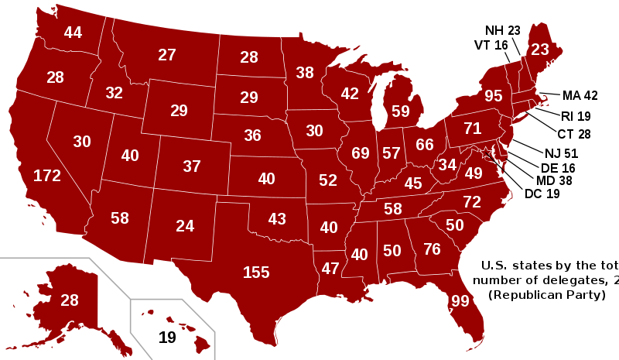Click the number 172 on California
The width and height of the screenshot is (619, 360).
pyautogui.click(x=47, y=176)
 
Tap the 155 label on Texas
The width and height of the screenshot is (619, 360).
pyautogui.click(x=256, y=273)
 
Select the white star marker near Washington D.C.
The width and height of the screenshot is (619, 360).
pyautogui.click(x=486, y=153)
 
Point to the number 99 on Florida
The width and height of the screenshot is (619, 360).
pyautogui.click(x=460, y=301)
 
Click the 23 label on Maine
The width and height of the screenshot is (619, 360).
pyautogui.click(x=540, y=50)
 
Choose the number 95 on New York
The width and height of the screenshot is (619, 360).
pyautogui.click(x=494, y=96)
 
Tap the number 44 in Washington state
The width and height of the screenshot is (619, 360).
pyautogui.click(x=73, y=33)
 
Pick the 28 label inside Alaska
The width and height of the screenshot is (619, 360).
pyautogui.click(x=70, y=300)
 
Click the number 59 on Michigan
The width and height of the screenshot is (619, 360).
pyautogui.click(x=401, y=111)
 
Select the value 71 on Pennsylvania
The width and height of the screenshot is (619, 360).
pyautogui.click(x=473, y=129)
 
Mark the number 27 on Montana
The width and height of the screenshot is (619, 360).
pyautogui.click(x=167, y=55)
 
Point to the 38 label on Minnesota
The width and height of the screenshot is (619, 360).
pyautogui.click(x=305, y=73)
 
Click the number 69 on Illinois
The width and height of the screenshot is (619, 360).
pyautogui.click(x=361, y=153)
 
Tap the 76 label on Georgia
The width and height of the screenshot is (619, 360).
pyautogui.click(x=432, y=249)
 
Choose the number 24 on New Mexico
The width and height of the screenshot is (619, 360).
pyautogui.click(x=185, y=226)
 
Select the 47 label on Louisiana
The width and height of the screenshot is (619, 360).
pyautogui.click(x=330, y=269)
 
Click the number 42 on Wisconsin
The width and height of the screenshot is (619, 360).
pyautogui.click(x=350, y=94)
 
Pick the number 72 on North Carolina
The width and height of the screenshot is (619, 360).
pyautogui.click(x=472, y=202)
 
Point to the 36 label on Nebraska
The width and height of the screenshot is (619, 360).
pyautogui.click(x=252, y=135)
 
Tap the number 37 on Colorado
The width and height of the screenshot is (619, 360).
pyautogui.click(x=192, y=166)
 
